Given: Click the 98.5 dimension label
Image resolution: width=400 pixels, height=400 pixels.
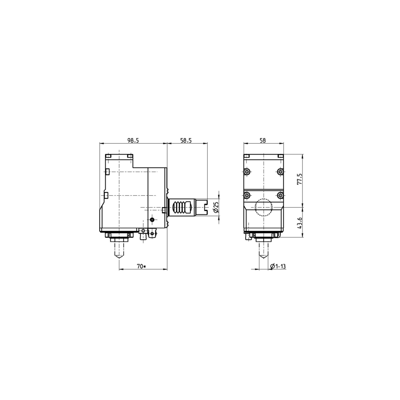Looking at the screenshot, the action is tap(133, 140).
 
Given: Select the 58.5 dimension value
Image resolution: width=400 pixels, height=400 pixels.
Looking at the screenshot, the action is tap(186, 140).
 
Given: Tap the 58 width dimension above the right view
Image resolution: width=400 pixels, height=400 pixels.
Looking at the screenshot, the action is tap(262, 140).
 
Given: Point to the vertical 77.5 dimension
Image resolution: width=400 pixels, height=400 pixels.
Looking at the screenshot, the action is tap(300, 179).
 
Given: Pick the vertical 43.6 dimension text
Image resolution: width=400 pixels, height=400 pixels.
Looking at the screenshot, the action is tap(300, 223).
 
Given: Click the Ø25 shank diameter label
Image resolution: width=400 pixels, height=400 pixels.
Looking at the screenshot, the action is tap(216, 207).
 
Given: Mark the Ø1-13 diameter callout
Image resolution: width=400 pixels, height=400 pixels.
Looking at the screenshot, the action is tap(278, 266).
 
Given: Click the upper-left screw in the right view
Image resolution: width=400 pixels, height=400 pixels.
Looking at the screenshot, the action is tap(247, 172).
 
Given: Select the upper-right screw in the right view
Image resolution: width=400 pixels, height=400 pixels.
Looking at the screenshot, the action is tap(280, 172).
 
